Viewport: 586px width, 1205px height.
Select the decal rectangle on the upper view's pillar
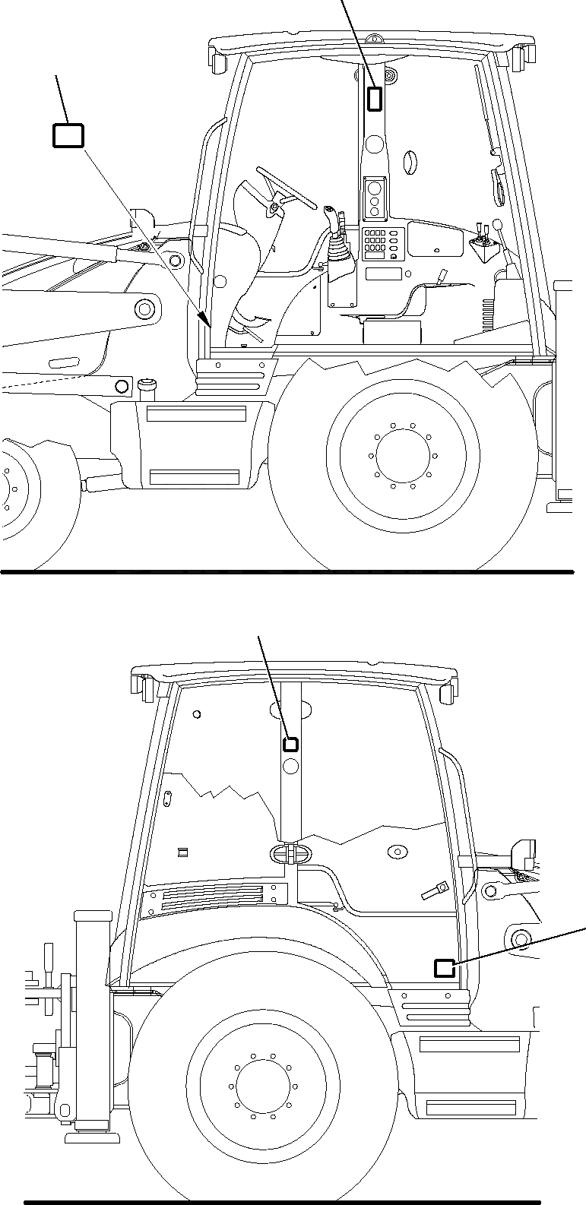pos(375,99)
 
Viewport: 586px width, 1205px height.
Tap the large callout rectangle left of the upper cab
pos(68,135)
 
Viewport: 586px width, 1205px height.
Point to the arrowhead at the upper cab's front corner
pos(203,318)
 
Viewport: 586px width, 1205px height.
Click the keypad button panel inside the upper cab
pos(374,242)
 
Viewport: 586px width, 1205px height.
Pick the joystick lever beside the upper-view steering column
pos(332,220)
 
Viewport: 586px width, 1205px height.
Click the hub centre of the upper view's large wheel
pos(401,457)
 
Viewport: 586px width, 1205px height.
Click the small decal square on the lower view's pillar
pos(290,744)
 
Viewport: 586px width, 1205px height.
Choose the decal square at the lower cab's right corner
pos(444,967)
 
